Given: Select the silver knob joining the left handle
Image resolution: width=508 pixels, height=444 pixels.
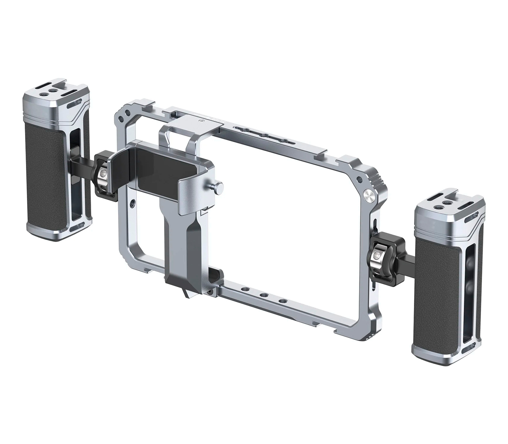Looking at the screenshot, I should (103, 173).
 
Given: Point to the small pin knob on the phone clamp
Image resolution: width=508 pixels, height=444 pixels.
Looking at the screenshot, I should (219, 185).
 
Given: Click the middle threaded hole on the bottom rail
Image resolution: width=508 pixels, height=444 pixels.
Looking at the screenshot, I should (263, 296).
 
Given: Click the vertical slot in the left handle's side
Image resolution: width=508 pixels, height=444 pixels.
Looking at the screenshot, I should (76, 174).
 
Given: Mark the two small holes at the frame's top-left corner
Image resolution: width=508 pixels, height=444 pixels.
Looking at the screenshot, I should (124, 114).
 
